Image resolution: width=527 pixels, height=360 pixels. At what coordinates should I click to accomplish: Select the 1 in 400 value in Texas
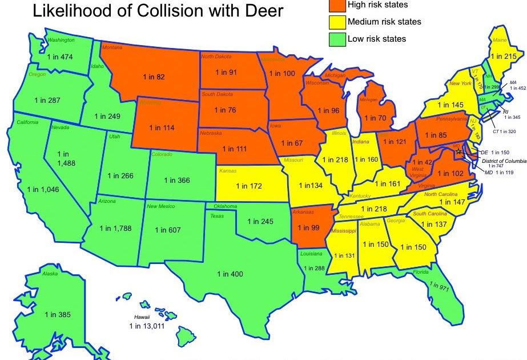click(x=230, y=274)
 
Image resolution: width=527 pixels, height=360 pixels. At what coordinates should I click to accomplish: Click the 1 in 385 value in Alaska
click(x=58, y=314)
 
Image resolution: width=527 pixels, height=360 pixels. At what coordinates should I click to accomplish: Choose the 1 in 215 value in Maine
click(x=503, y=56)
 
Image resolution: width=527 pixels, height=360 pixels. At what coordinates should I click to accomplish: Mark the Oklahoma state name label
click(x=225, y=206)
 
